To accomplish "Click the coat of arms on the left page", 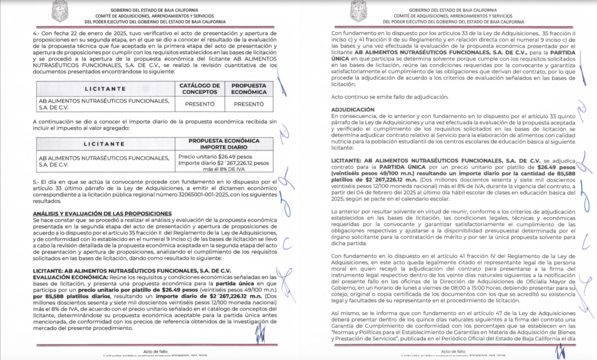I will pos(60,11).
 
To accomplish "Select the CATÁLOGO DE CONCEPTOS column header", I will pos(199,88).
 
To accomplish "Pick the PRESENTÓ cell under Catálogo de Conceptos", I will pos(199,103).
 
